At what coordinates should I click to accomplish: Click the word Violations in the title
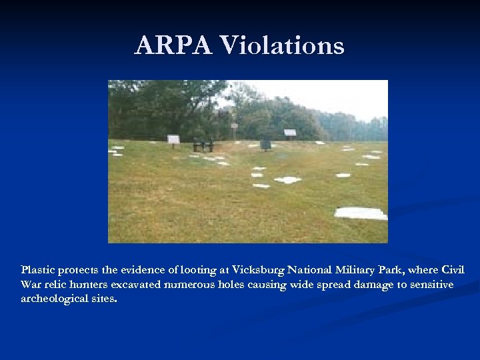tap(282, 46)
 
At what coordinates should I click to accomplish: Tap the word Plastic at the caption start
tap(38, 270)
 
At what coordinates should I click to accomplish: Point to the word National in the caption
tap(311, 270)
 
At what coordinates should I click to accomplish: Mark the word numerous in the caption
tap(191, 285)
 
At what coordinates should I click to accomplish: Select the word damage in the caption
tap(364, 285)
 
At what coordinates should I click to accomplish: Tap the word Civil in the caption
tap(451, 270)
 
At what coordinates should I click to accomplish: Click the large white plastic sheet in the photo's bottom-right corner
tap(360, 213)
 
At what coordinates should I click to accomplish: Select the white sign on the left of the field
tap(173, 139)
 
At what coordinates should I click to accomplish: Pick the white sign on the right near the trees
tap(290, 132)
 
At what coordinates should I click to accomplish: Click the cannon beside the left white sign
tap(203, 145)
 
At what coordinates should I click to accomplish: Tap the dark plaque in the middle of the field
tap(265, 144)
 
